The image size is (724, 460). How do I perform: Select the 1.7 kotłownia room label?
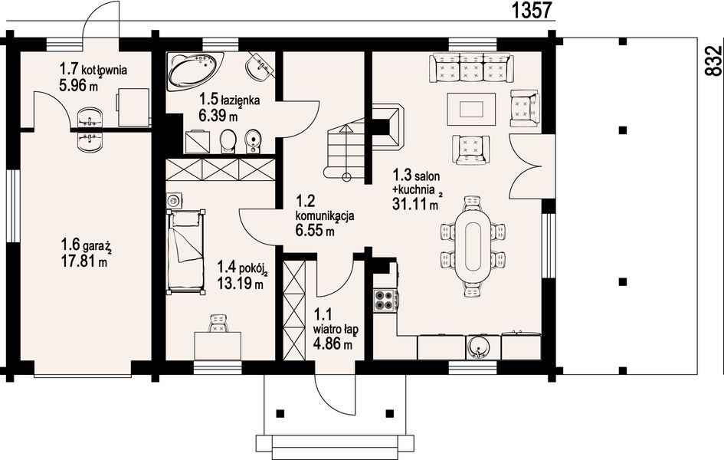click(93, 70)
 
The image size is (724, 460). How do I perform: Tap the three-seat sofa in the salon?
click(470, 68)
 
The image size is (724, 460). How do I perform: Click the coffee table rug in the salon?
click(470, 107)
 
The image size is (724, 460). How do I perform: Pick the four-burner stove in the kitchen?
click(385, 300)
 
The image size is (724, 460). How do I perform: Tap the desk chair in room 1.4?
click(219, 324)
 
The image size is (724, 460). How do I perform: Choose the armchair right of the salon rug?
click(525, 107)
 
